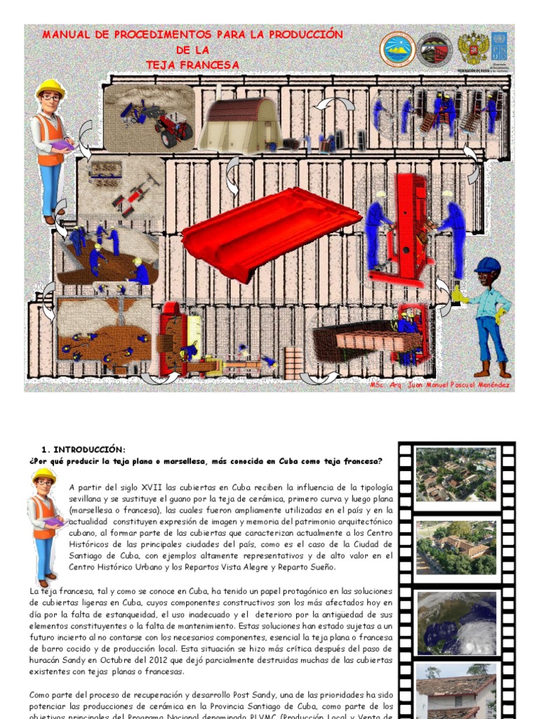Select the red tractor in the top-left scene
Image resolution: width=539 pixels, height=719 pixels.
[x=173, y=130]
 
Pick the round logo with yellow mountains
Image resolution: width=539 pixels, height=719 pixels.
[x=397, y=49]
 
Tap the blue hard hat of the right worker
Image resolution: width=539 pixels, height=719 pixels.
[x=487, y=265]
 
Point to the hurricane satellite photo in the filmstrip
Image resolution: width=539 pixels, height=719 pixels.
[x=456, y=622]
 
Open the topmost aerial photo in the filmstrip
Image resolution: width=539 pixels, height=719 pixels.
[x=456, y=475]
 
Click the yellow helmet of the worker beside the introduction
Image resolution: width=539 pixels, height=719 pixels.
[x=44, y=475]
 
